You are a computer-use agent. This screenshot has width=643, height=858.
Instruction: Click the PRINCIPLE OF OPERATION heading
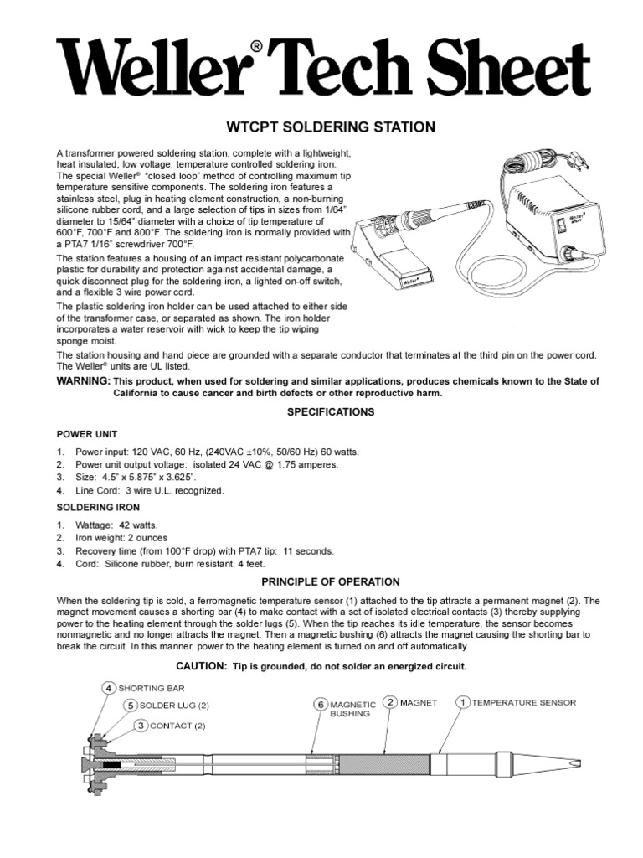coord(331,581)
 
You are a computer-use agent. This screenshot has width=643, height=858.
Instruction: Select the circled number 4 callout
coord(108,688)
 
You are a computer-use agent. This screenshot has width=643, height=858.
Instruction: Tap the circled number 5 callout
coord(131,706)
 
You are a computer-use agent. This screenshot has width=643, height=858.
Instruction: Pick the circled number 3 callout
coord(119,725)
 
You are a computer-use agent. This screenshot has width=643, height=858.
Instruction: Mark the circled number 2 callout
coord(389,702)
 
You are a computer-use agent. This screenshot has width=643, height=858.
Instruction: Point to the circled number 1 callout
coord(461,702)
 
